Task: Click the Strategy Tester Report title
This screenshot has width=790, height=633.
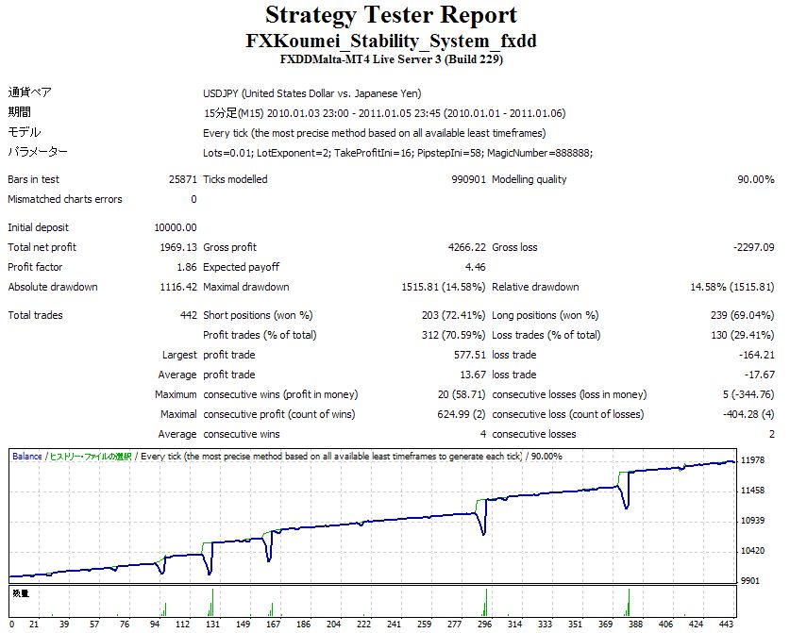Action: (x=391, y=15)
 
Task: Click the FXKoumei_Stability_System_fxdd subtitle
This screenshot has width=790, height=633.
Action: (x=391, y=42)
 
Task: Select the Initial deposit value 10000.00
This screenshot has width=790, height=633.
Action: (x=175, y=227)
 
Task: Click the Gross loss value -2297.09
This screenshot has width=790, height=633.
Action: (x=751, y=247)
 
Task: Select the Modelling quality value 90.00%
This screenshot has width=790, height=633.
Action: (x=751, y=179)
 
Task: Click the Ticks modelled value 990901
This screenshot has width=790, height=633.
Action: (x=462, y=179)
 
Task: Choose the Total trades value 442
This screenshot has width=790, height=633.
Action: (x=187, y=315)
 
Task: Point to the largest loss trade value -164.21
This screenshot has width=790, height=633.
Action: (x=755, y=355)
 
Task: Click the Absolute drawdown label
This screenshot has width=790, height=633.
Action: (x=53, y=287)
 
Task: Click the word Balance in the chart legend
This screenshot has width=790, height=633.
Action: (x=26, y=457)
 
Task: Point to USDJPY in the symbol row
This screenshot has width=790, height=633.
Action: (x=222, y=93)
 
